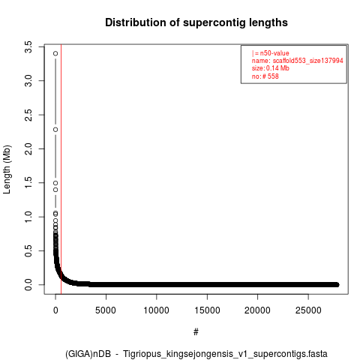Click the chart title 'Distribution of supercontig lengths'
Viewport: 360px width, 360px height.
pyautogui.click(x=196, y=22)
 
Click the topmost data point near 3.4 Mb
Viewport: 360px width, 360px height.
pyautogui.click(x=55, y=53)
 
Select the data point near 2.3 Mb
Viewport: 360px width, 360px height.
pyautogui.click(x=55, y=130)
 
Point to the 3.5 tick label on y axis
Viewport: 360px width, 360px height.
pyautogui.click(x=28, y=47)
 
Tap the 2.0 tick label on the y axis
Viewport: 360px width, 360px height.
pyautogui.click(x=28, y=148)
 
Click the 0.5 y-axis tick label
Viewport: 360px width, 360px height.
pyautogui.click(x=28, y=250)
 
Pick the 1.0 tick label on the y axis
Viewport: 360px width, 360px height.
pyautogui.click(x=28, y=217)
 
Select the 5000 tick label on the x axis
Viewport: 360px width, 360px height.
pyautogui.click(x=106, y=310)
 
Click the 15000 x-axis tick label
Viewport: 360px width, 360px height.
pyautogui.click(x=207, y=310)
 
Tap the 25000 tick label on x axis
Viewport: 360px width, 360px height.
pyautogui.click(x=308, y=310)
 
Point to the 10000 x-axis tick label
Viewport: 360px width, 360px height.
pyautogui.click(x=157, y=310)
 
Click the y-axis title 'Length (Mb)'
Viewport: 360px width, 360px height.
pyautogui.click(x=7, y=169)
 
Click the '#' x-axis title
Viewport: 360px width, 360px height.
pyautogui.click(x=196, y=332)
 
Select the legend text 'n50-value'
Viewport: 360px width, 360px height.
pyautogui.click(x=274, y=53)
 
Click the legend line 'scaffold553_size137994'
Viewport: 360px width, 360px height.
pyautogui.click(x=307, y=61)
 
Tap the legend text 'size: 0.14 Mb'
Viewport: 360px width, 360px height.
pyautogui.click(x=271, y=68)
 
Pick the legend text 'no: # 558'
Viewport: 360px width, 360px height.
pyautogui.click(x=265, y=76)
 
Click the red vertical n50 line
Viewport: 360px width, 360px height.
pyautogui.click(x=61, y=169)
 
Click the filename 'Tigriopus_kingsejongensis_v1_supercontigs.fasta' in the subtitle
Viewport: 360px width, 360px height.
pyautogui.click(x=225, y=354)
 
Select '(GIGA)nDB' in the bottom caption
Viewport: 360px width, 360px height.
pyautogui.click(x=88, y=354)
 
